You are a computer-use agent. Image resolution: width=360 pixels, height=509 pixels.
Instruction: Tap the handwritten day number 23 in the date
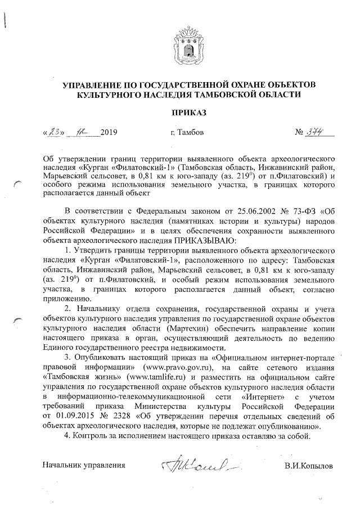coord(53,132)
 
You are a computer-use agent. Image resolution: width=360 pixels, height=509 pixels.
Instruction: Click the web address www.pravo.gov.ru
coord(177,367)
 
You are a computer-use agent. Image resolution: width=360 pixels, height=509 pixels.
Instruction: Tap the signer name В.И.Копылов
coord(309,466)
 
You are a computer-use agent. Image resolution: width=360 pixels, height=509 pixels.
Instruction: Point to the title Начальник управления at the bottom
coord(84,466)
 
